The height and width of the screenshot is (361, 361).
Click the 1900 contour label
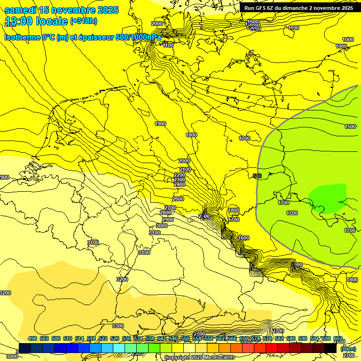coord(160,124)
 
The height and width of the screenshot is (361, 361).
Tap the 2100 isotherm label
coord(185,169)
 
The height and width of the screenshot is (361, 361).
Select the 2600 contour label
coord(178,199)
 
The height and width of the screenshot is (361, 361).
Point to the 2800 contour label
coord(165,213)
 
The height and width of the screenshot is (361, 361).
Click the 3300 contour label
coord(118,326)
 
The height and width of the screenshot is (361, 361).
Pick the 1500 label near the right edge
coord(350,126)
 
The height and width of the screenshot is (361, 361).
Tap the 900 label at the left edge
coord(4,177)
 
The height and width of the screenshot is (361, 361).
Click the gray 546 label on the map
coord(257,176)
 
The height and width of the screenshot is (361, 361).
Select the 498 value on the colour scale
coord(32,338)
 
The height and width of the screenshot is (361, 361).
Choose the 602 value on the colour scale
coord(338,338)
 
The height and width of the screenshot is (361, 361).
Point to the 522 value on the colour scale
coord(103,338)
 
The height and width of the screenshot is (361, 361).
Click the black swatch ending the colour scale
coord(330,348)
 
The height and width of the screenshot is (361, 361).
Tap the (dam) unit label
coord(348,349)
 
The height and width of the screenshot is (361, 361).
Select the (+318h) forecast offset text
coord(84,21)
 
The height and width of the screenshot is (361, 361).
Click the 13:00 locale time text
coord(36,21)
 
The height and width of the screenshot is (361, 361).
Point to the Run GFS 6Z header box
coord(298,8)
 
